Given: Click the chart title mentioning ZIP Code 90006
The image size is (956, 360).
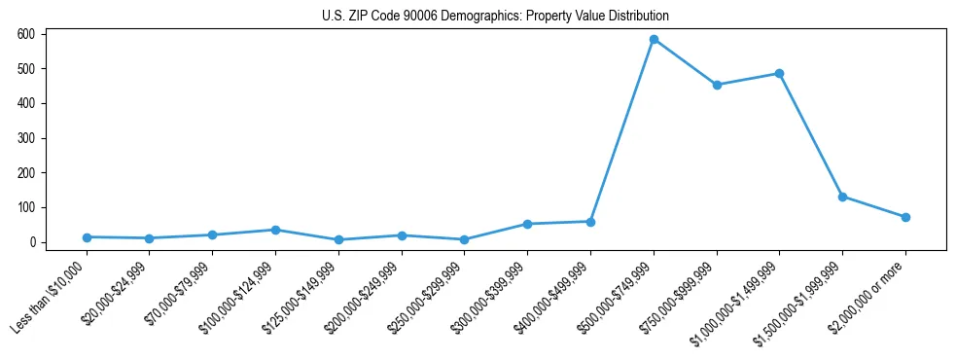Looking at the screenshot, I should (x=495, y=17).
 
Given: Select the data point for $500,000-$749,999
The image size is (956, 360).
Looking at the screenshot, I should (x=654, y=39).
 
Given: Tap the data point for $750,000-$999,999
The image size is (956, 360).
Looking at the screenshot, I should (x=717, y=85).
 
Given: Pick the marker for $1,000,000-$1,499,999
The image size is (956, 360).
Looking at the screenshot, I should (x=779, y=73).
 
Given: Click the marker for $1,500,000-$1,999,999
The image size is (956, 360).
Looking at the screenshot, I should (x=842, y=197).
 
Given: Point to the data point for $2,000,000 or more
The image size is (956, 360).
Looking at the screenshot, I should (x=905, y=217).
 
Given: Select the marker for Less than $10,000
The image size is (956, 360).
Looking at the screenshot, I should (x=87, y=237).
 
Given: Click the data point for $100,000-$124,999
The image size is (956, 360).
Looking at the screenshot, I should (x=275, y=230).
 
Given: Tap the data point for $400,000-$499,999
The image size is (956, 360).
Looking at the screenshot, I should (x=590, y=222).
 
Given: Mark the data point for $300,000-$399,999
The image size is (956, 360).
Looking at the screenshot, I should (x=527, y=224).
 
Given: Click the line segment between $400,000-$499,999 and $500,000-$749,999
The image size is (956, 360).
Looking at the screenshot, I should (x=622, y=130).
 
